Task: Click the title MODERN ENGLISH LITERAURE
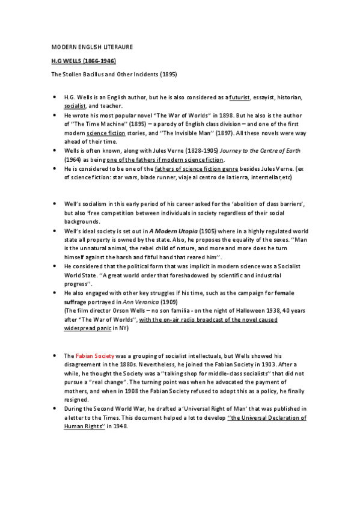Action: click(92, 46)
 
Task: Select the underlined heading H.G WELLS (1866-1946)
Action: click(83, 61)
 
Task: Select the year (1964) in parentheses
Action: click(75, 159)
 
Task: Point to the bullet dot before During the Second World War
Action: click(55, 409)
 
